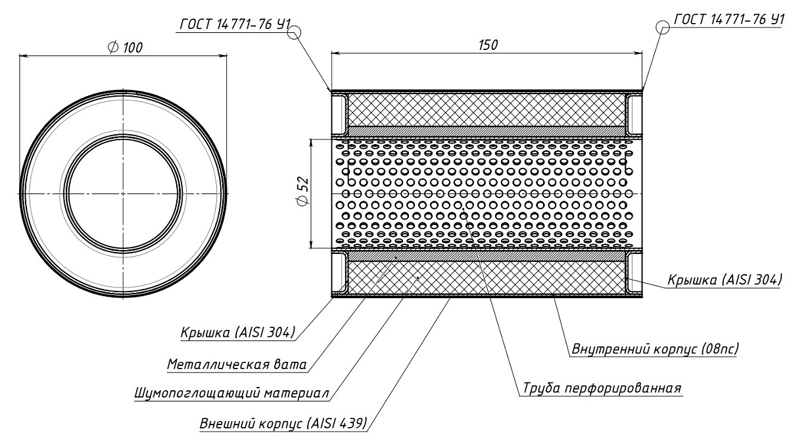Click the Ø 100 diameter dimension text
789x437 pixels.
click(125, 47)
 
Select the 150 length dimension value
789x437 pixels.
click(488, 45)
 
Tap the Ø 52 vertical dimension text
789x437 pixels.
click(303, 192)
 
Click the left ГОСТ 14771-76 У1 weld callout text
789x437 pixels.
click(235, 24)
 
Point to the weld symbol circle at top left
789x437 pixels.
click(295, 33)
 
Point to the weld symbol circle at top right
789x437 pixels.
click(663, 27)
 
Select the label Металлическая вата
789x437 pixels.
click(237, 364)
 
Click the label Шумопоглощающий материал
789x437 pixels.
click(231, 392)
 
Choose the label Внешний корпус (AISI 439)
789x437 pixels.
click(283, 423)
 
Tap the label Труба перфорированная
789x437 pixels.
click(602, 388)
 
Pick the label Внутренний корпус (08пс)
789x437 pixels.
click(655, 349)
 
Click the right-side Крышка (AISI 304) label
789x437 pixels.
click(725, 280)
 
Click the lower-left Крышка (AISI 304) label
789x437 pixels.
click(238, 332)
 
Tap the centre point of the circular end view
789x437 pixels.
click(123, 193)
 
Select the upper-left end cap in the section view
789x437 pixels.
click(339, 114)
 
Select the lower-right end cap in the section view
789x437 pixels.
click(634, 272)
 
